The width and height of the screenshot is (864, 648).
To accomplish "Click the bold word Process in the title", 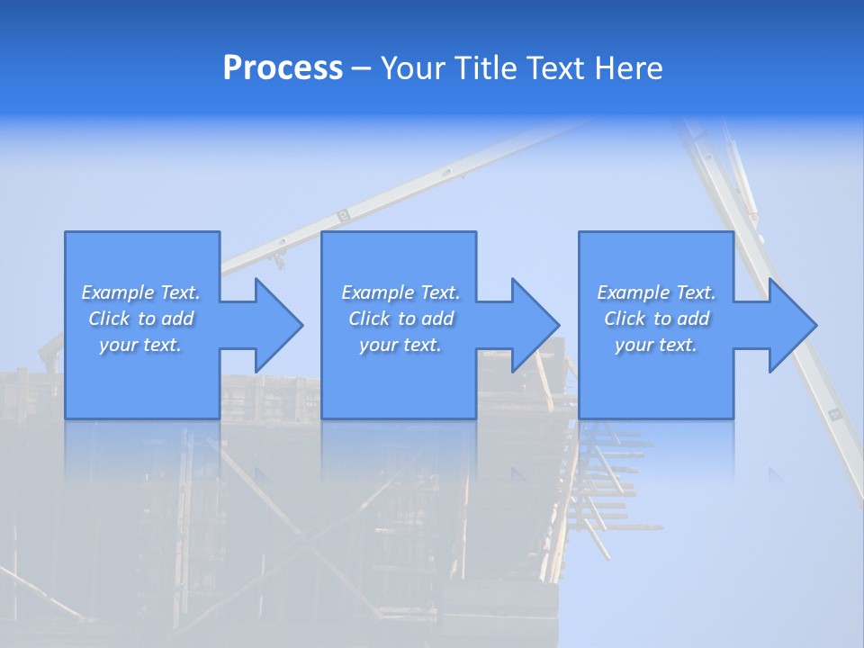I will coord(283,68).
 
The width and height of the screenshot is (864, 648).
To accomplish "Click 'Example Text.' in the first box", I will coord(141,292).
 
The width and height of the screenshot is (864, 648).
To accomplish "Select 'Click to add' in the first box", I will coord(141,319).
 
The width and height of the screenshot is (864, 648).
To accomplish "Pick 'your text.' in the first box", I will coord(141,345).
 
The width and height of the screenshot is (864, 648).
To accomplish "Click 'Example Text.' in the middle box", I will coord(400,292).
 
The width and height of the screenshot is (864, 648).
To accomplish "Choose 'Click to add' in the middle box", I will coord(400,319).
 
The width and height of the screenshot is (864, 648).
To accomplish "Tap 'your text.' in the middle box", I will coord(400,345).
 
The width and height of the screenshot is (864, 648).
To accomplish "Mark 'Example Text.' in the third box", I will coord(656,292).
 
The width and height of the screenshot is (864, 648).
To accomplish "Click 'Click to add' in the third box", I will coord(656,319).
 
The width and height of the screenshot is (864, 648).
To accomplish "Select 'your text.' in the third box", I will coord(656,345).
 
